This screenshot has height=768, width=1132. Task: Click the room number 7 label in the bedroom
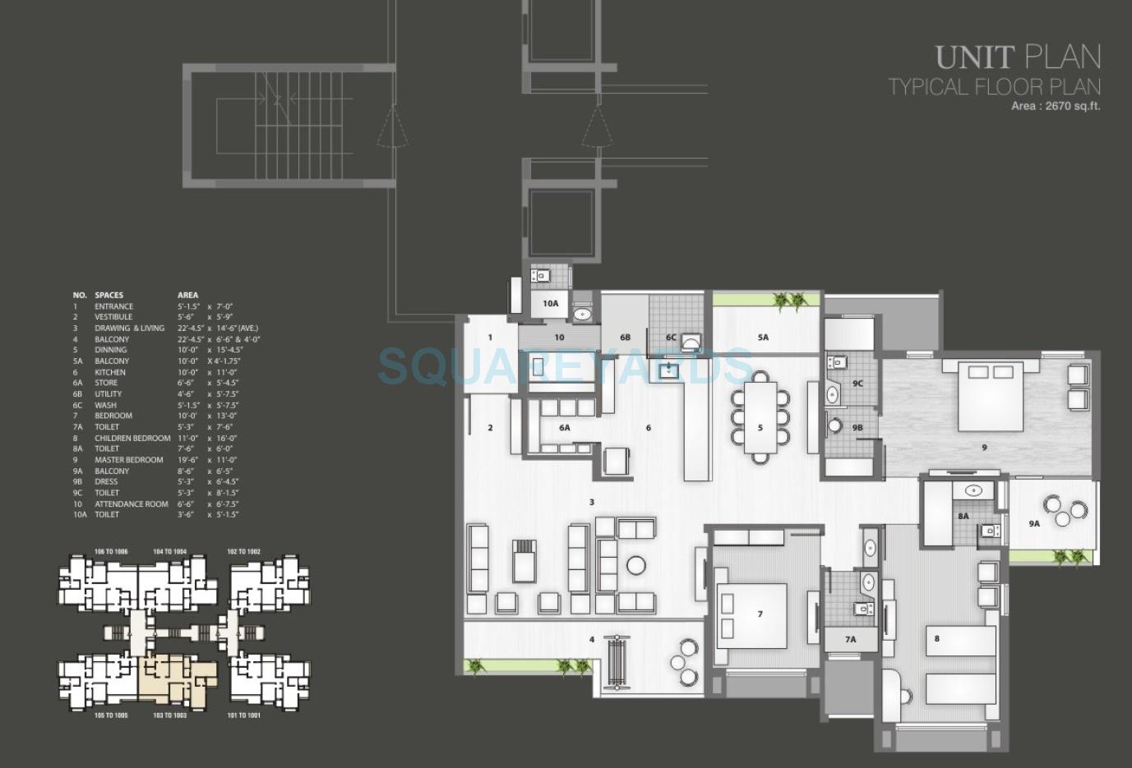click(760, 614)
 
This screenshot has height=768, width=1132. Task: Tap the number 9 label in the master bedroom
click(984, 447)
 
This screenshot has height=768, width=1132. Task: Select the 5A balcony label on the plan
click(763, 337)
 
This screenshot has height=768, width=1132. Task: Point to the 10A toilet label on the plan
click(551, 303)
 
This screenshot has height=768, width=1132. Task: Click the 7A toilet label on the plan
click(850, 638)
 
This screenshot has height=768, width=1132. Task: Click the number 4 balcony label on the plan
click(591, 639)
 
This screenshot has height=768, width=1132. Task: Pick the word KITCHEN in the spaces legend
click(110, 372)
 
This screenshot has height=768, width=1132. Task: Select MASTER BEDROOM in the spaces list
click(122, 460)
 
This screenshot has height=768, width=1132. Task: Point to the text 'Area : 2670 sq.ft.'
click(1056, 106)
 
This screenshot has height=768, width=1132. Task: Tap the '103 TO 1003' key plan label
click(169, 715)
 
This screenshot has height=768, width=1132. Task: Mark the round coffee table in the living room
click(635, 565)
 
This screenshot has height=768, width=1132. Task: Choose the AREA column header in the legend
click(187, 295)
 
